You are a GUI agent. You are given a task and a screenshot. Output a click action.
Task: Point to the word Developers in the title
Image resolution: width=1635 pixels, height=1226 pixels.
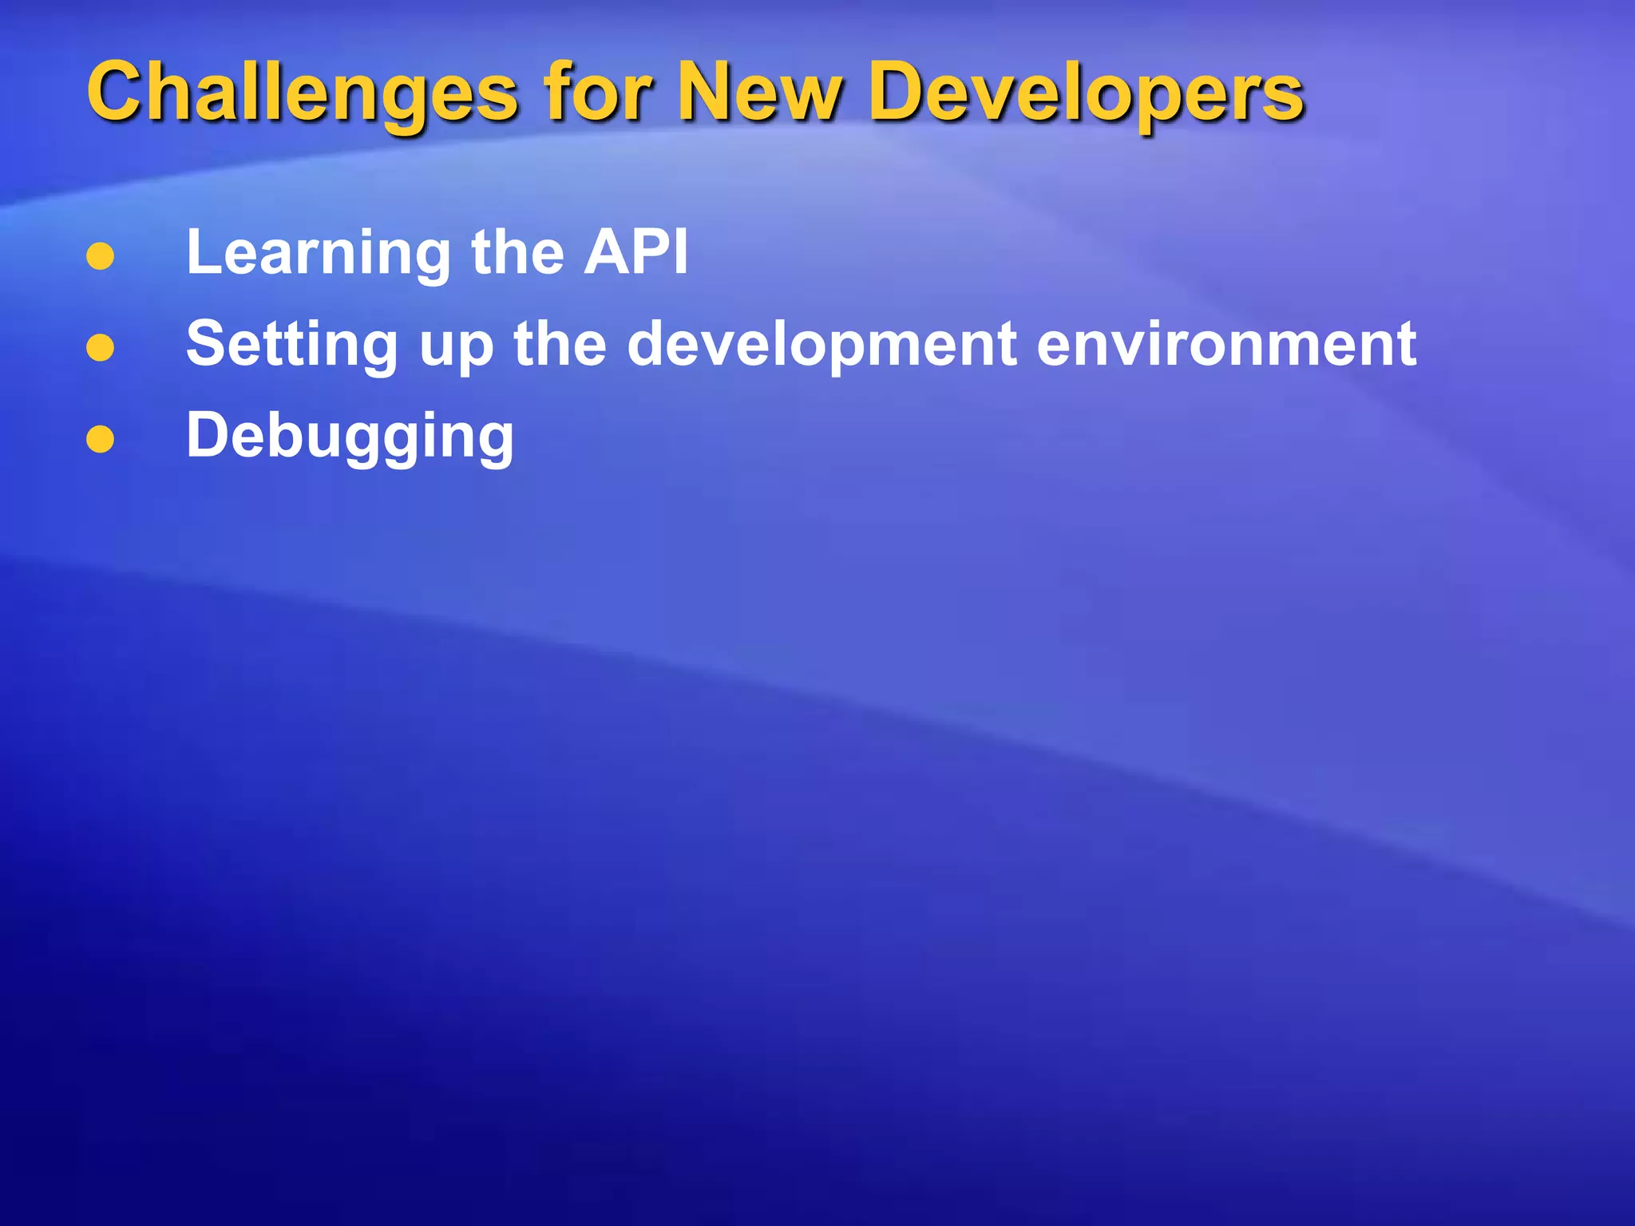coord(1087,94)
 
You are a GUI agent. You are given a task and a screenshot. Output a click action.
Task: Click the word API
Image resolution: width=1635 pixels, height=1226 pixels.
coord(635,252)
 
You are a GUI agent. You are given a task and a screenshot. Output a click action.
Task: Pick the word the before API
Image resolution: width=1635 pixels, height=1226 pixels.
coord(517,252)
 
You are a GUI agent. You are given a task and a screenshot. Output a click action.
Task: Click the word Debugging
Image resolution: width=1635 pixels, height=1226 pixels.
coord(350,437)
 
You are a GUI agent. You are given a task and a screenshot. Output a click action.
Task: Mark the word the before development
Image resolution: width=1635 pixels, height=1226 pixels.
coord(560,344)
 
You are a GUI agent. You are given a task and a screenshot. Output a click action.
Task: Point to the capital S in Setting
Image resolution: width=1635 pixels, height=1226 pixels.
coord(207,343)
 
